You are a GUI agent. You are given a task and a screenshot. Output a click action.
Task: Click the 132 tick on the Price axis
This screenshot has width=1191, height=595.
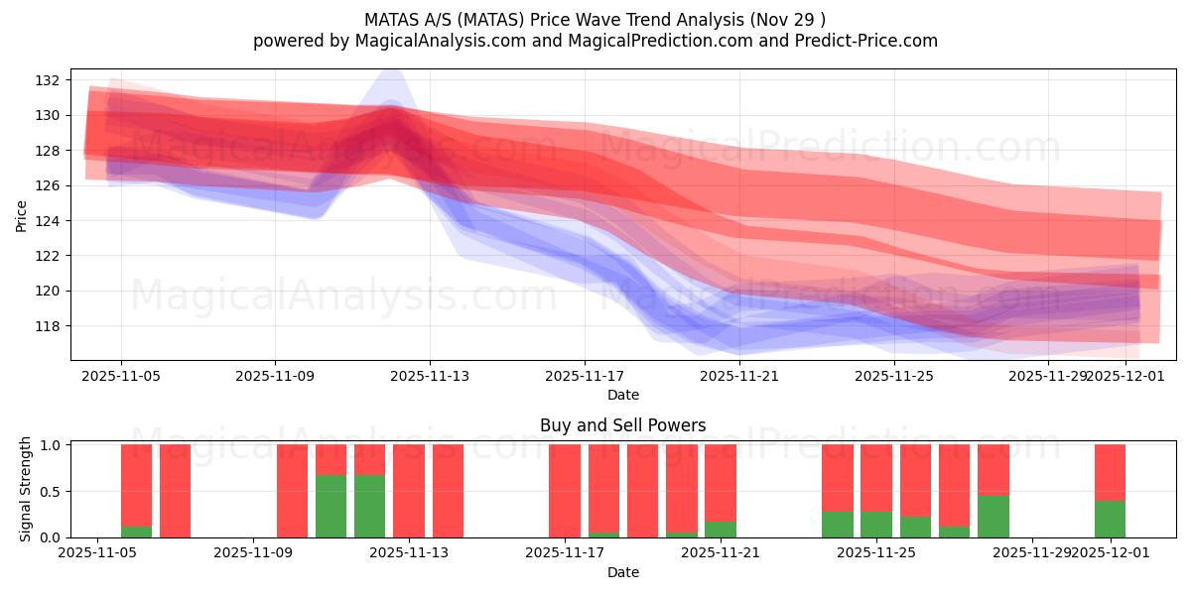(51, 80)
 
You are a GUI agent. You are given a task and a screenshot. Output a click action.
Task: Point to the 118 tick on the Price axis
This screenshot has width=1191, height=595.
(51, 325)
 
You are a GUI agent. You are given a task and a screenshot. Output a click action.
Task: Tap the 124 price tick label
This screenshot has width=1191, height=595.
(51, 220)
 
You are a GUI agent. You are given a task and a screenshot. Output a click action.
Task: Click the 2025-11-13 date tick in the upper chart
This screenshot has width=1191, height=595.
(430, 376)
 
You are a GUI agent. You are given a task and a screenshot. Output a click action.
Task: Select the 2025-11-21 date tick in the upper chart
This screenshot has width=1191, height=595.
(739, 376)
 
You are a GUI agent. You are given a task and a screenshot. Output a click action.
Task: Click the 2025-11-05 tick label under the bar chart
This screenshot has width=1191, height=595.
(97, 553)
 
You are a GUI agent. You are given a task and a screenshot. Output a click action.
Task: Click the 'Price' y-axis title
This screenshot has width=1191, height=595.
(21, 215)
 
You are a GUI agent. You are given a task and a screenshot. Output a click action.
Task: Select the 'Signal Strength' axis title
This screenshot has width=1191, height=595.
(26, 489)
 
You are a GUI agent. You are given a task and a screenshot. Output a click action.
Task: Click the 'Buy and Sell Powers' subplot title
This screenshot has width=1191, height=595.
(622, 425)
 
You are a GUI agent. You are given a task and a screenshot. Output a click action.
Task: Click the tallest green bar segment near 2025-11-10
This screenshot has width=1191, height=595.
(331, 506)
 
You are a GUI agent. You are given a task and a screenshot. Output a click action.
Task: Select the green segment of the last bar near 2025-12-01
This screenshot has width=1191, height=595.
(1110, 519)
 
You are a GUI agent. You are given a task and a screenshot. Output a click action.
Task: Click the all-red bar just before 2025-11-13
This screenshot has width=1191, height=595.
(408, 491)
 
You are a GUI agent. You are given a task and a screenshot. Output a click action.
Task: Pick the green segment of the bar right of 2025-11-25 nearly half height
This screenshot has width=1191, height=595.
(992, 516)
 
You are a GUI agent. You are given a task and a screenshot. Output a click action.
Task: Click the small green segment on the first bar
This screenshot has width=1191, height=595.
(136, 532)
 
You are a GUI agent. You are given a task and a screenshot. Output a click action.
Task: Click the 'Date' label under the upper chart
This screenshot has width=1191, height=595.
(622, 395)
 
